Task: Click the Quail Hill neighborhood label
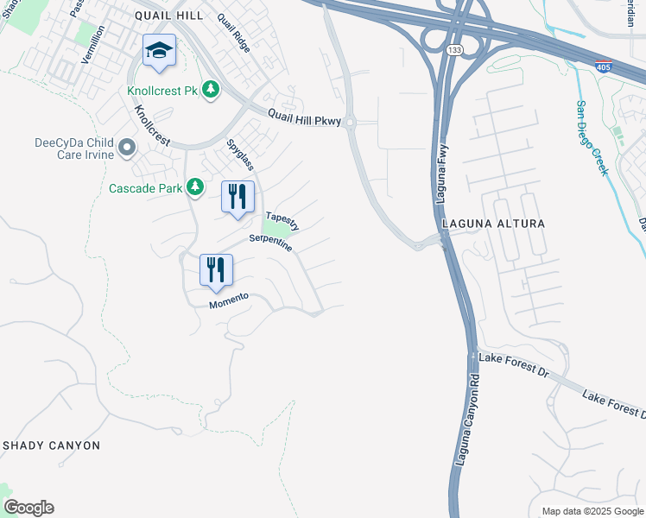point(169,16)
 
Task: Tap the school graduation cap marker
point(159,52)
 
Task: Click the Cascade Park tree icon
point(196,186)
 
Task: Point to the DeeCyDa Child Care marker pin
point(127,148)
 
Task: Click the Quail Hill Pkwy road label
point(305,116)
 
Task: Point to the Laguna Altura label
point(493,224)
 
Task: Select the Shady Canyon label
point(52,445)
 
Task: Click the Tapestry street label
point(282,220)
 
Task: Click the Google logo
point(28,508)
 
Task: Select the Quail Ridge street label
point(234,33)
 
